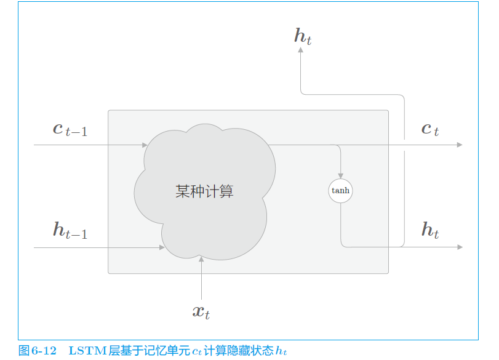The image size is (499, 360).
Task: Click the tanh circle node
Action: pyautogui.click(x=340, y=190)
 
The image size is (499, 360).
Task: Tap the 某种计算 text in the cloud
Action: pyautogui.click(x=204, y=191)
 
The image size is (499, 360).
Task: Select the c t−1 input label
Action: pyautogui.click(x=70, y=130)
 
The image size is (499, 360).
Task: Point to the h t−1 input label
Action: pyautogui.click(x=70, y=231)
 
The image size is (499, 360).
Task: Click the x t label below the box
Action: pyautogui.click(x=201, y=312)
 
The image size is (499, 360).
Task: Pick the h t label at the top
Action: pyautogui.click(x=303, y=37)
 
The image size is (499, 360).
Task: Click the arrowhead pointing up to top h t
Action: pyautogui.click(x=301, y=51)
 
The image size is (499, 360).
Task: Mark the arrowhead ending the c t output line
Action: pyautogui.click(x=459, y=145)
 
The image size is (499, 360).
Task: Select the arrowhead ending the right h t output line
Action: pyautogui.click(x=459, y=247)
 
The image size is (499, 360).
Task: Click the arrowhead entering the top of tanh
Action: pyautogui.click(x=340, y=176)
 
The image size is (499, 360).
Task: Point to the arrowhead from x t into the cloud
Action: pyautogui.click(x=201, y=259)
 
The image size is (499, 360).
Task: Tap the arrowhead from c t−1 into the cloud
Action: pyautogui.click(x=145, y=145)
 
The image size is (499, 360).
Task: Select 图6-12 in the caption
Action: pyautogui.click(x=38, y=351)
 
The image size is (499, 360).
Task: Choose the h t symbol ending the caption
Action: pyautogui.click(x=281, y=351)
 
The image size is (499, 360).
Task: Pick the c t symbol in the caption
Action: pyautogui.click(x=196, y=351)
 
